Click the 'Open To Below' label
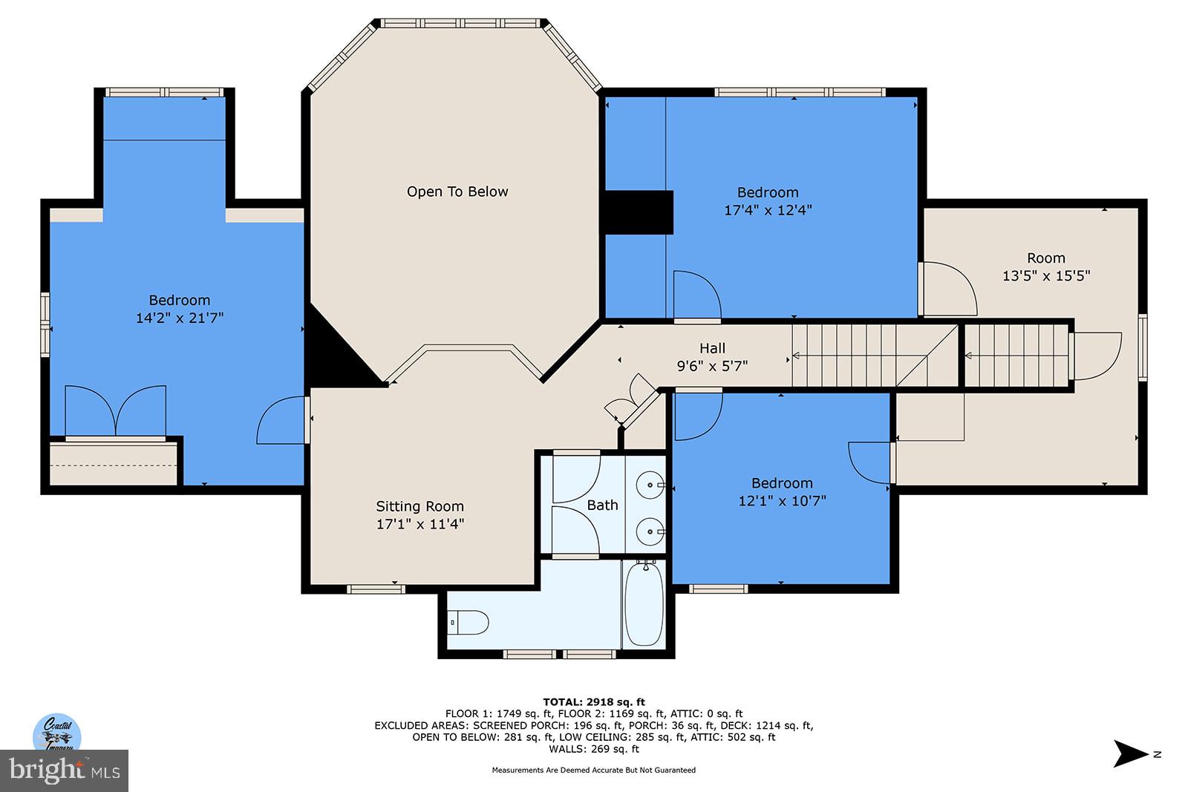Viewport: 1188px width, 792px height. pyautogui.click(x=457, y=192)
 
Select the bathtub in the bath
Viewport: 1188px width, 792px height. pyautogui.click(x=644, y=606)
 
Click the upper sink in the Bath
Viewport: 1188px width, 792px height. pyautogui.click(x=650, y=485)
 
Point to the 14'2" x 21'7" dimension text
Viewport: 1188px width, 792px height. pyautogui.click(x=180, y=318)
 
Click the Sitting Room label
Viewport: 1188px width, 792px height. pyautogui.click(x=420, y=506)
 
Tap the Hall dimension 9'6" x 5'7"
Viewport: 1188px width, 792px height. pyautogui.click(x=712, y=365)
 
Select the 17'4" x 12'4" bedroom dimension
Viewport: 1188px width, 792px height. pyautogui.click(x=768, y=210)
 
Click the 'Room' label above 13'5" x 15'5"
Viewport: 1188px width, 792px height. pyautogui.click(x=1045, y=258)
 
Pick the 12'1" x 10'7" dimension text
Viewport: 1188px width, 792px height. pyautogui.click(x=782, y=501)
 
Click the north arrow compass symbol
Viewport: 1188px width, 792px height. pyautogui.click(x=1131, y=753)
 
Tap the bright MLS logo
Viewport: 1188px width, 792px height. pyautogui.click(x=65, y=771)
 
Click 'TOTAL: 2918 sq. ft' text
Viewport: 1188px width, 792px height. pyautogui.click(x=594, y=701)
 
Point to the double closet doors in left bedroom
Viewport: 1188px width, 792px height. pyautogui.click(x=115, y=412)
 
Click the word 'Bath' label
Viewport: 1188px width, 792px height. pyautogui.click(x=602, y=505)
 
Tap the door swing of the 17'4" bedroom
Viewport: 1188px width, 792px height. pyautogui.click(x=696, y=295)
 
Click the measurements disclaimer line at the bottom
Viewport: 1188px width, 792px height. pyautogui.click(x=594, y=770)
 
